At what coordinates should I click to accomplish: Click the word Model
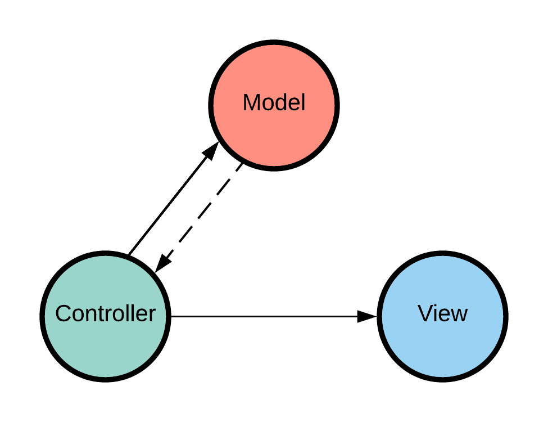tap(274, 104)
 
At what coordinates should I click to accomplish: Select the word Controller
tap(105, 313)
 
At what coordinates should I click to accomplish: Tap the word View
tap(442, 313)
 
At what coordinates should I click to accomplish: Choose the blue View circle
tap(442, 346)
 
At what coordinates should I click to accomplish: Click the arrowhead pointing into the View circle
tap(368, 317)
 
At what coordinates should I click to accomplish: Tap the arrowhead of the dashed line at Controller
tap(162, 263)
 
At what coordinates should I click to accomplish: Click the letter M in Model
tap(250, 104)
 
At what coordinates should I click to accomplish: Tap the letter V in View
tap(424, 313)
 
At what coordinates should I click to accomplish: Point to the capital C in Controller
tap(62, 313)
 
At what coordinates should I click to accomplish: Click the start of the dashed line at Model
tap(240, 167)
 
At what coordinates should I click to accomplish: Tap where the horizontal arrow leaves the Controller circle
tap(171, 317)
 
